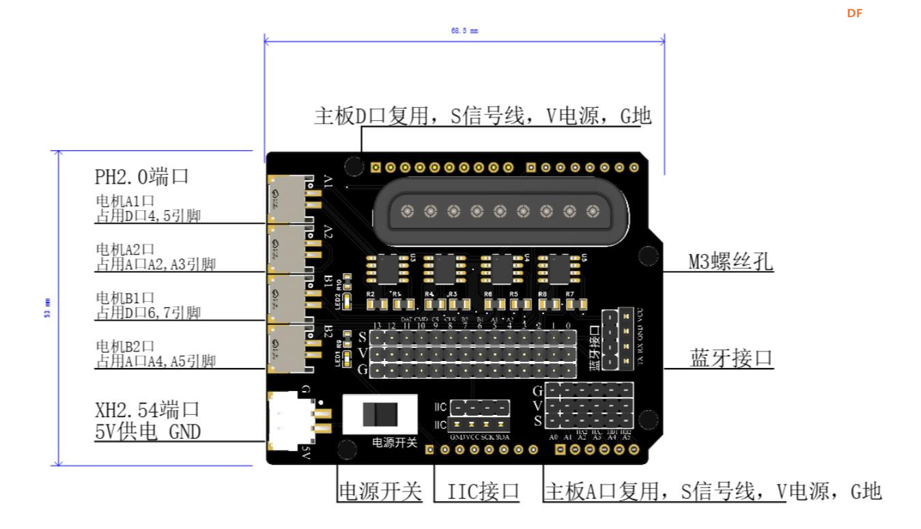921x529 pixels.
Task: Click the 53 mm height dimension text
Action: pos(48,308)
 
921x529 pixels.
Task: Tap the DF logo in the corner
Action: pos(855,13)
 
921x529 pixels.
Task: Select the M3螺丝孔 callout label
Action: pos(731,261)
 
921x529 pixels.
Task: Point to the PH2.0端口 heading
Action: pos(141,177)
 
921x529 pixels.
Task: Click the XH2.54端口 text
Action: pos(147,410)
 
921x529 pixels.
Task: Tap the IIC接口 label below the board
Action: pos(483,491)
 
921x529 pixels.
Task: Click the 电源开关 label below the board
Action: pos(380,491)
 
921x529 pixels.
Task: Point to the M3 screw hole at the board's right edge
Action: pos(647,255)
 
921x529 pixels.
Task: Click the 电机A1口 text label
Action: pos(126,203)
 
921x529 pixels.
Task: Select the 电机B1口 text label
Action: pos(126,298)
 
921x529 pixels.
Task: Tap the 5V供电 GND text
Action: pos(147,431)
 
